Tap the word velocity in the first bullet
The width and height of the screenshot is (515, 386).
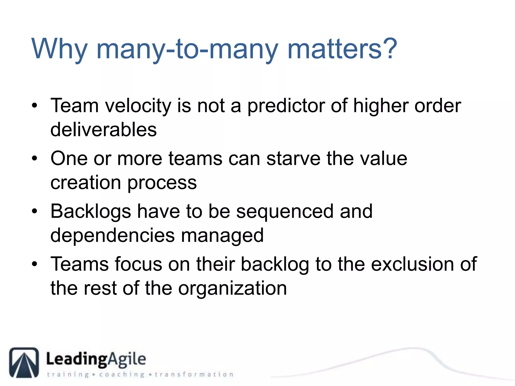138,106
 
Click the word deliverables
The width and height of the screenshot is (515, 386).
104,130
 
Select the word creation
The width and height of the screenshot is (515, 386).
86,182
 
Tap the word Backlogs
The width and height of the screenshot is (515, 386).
91,212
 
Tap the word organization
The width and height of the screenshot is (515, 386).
233,288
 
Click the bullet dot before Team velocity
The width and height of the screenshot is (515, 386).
34,105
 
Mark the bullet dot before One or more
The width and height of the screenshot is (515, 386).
34,158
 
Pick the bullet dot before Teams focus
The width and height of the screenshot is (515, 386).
34,264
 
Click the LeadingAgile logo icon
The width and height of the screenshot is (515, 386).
24,362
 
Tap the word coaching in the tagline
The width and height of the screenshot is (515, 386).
122,374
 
